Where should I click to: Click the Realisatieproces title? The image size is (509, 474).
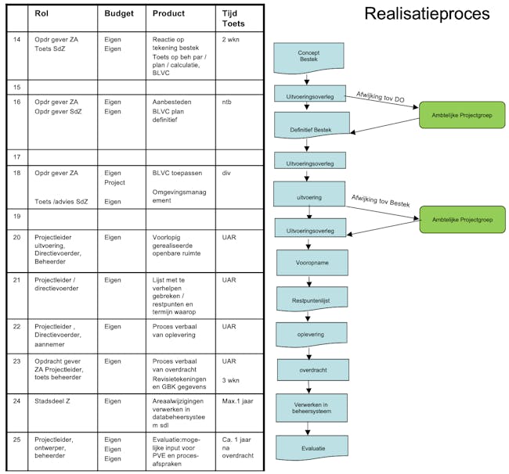click(427, 14)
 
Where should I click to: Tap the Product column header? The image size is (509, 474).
click(168, 14)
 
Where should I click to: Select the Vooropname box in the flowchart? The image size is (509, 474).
click(312, 263)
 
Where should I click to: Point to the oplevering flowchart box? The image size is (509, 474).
click(312, 334)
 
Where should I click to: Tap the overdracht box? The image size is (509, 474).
click(312, 371)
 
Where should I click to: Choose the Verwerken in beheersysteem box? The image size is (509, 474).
click(312, 408)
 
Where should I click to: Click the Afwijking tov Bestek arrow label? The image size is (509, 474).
click(381, 202)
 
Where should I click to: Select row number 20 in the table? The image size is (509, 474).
click(17, 236)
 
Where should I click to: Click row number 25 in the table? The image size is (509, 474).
click(17, 440)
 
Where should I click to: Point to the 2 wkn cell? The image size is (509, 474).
click(231, 38)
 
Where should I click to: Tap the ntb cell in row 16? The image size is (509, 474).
click(228, 102)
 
